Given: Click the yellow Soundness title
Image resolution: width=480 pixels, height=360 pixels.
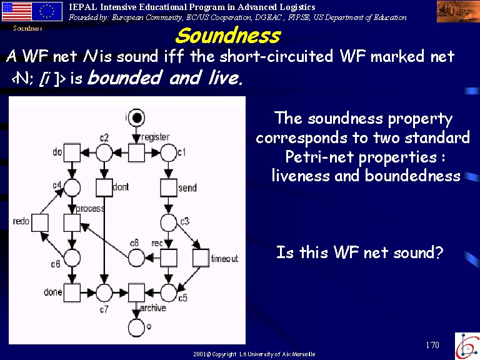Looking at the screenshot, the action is tap(227, 36).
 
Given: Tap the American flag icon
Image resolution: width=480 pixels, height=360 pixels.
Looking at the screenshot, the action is tap(17, 12).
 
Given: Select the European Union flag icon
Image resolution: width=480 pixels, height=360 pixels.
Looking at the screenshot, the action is tap(47, 12).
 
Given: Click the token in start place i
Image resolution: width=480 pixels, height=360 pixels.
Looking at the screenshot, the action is tap(136, 117).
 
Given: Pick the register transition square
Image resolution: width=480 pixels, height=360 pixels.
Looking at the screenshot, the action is tap(136, 152).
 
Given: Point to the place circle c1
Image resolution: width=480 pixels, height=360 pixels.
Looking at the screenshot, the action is tap(169, 152).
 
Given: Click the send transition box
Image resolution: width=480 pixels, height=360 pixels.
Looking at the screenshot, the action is tap(168, 187).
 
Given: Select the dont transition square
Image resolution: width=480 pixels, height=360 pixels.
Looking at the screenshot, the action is tap(104, 187).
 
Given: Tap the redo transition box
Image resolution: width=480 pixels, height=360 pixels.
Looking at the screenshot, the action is tap(40, 222).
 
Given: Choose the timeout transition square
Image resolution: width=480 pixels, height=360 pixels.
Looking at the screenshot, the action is tap(201, 257).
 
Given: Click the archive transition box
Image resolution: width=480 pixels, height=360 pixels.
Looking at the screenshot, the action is tap(136, 292).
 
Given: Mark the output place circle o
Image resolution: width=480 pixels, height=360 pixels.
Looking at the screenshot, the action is tap(136, 327).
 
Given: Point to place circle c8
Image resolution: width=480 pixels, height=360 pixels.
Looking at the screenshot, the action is tap(136, 257).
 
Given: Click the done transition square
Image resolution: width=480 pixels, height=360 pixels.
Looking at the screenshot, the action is tap(72, 292).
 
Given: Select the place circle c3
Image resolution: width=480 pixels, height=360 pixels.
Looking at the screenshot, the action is tap(169, 222).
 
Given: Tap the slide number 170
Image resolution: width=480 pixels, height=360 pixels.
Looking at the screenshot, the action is tap(432, 345).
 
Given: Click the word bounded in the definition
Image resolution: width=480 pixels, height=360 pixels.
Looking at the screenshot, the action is tap(124, 77).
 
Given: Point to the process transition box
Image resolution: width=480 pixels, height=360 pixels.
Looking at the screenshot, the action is tap(72, 222).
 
